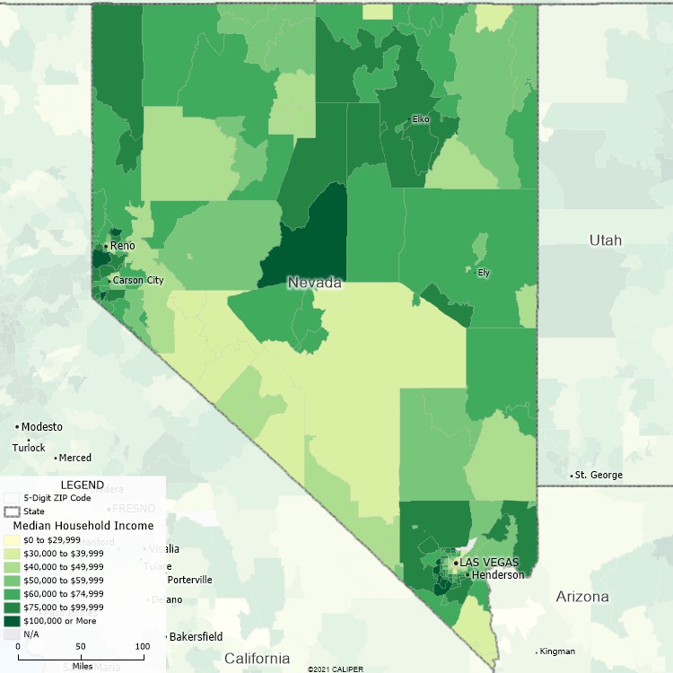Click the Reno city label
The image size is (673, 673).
[x=122, y=246]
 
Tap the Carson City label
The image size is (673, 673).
[x=137, y=281]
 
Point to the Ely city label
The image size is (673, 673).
[x=484, y=273]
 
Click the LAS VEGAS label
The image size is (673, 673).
[x=490, y=563]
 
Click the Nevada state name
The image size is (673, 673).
[x=314, y=283]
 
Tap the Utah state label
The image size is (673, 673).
[x=605, y=240]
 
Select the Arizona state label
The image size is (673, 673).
[x=581, y=597]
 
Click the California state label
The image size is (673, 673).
[x=257, y=658]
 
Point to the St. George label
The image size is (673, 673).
[x=599, y=476]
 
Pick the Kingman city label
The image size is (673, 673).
[x=557, y=651]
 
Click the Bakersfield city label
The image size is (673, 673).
[x=197, y=637]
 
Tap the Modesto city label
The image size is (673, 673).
[x=41, y=427]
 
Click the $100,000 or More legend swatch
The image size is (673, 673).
[x=12, y=620]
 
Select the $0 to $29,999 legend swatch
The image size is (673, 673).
[x=12, y=540]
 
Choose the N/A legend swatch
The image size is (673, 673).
[x=12, y=634]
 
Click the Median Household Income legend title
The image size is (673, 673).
[x=83, y=526]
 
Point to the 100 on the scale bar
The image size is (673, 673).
[x=142, y=646]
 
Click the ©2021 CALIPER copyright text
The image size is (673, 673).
[x=336, y=669]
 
